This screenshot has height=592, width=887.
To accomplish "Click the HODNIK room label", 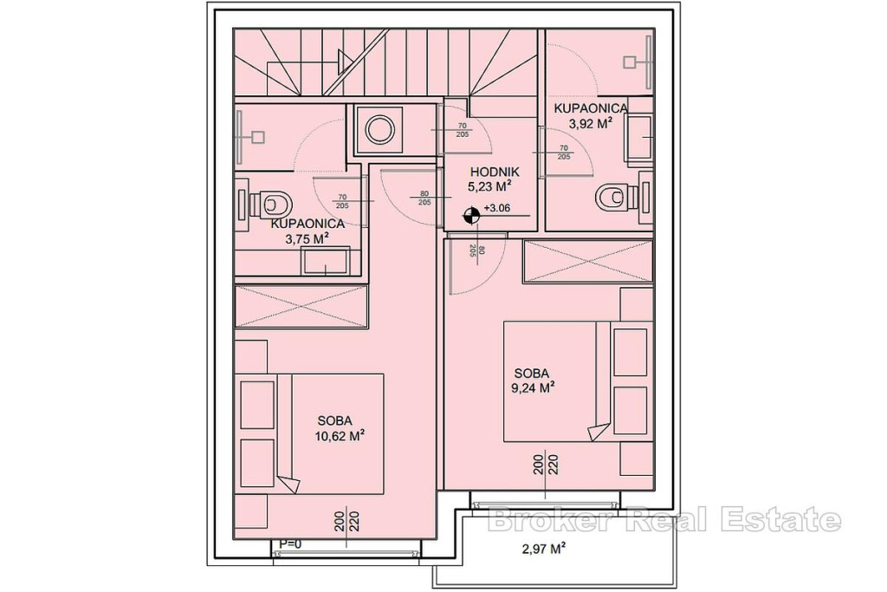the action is click(x=495, y=172).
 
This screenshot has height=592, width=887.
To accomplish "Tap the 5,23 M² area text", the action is click(x=489, y=186).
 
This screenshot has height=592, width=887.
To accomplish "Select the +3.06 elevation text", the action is click(x=497, y=208).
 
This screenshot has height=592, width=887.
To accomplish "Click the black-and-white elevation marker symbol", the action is click(x=470, y=214).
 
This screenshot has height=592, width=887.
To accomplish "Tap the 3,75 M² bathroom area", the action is click(x=308, y=239).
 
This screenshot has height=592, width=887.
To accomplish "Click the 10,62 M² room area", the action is click(x=340, y=436).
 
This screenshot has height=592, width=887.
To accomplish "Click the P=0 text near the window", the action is click(x=290, y=543).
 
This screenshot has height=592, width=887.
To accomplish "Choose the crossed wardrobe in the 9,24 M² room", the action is click(x=588, y=262).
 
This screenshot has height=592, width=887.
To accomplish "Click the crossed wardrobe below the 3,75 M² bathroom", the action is click(x=301, y=306).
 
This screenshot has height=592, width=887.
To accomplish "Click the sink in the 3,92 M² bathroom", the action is click(x=639, y=136).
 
